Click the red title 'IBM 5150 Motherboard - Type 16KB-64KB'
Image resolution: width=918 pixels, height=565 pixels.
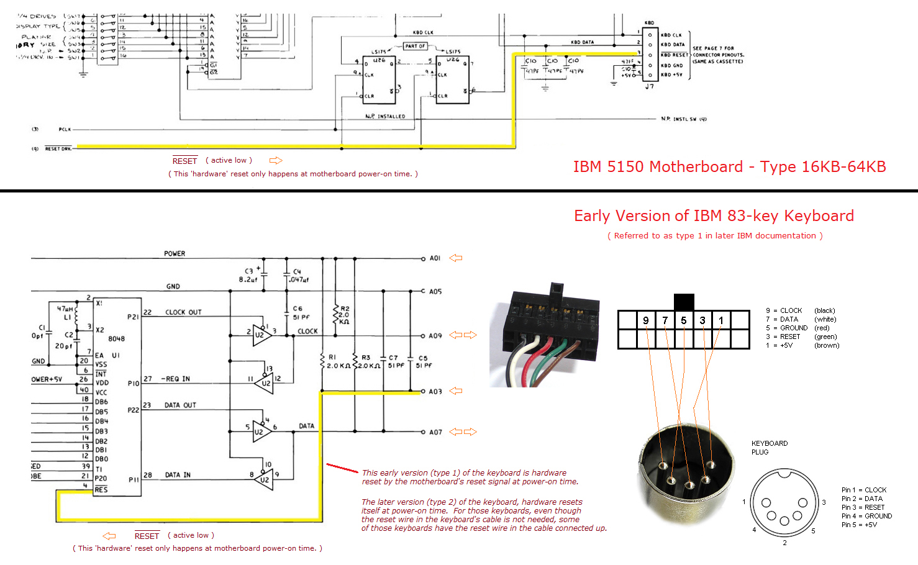729,166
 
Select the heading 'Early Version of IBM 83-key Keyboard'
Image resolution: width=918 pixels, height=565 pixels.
714,215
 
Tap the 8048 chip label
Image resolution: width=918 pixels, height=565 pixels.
117,338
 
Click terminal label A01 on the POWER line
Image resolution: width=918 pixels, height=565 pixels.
435,258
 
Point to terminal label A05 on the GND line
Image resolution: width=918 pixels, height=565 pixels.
435,291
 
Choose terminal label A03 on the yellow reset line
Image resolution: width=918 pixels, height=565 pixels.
435,391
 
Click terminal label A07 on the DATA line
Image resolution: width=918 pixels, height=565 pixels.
435,432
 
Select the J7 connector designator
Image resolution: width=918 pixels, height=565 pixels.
649,86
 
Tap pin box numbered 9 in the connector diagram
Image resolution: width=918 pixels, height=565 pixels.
646,320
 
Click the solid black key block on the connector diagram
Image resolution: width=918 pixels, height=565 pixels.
683,302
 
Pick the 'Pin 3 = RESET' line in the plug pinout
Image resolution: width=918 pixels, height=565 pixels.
863,507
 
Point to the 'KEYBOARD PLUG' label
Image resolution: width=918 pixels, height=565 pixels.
769,448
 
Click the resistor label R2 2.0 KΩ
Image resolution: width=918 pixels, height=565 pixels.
344,315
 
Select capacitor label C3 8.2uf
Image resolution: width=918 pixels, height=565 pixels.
248,275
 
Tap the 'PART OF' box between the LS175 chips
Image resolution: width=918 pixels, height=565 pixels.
415,46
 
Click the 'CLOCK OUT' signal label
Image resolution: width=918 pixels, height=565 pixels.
183,312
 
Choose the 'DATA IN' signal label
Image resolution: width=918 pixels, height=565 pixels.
178,475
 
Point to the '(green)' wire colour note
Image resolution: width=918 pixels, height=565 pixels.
825,337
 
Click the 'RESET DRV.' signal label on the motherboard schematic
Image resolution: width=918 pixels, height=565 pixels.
58,148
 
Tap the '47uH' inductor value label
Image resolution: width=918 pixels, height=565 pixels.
65,309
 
